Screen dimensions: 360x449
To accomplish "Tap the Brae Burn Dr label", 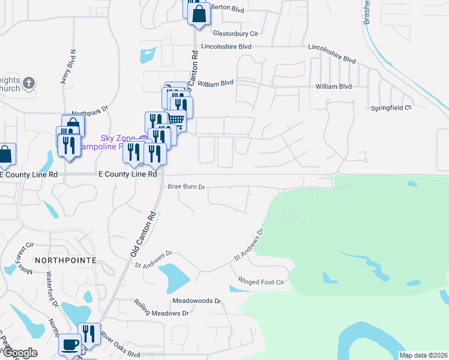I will click(186, 187).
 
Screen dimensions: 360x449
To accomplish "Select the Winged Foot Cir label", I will click(260, 281).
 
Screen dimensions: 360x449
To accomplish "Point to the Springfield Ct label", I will click(390, 108).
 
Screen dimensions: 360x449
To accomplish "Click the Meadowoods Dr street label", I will click(196, 301).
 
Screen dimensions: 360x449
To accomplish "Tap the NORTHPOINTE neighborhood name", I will click(66, 260).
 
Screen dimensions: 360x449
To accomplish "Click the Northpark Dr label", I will click(89, 110).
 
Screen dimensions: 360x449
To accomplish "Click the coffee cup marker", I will click(70, 344).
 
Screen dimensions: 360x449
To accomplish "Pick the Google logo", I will click(19, 353).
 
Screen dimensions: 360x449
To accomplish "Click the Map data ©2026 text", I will click(423, 355).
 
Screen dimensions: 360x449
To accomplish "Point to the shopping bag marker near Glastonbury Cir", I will click(199, 13).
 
